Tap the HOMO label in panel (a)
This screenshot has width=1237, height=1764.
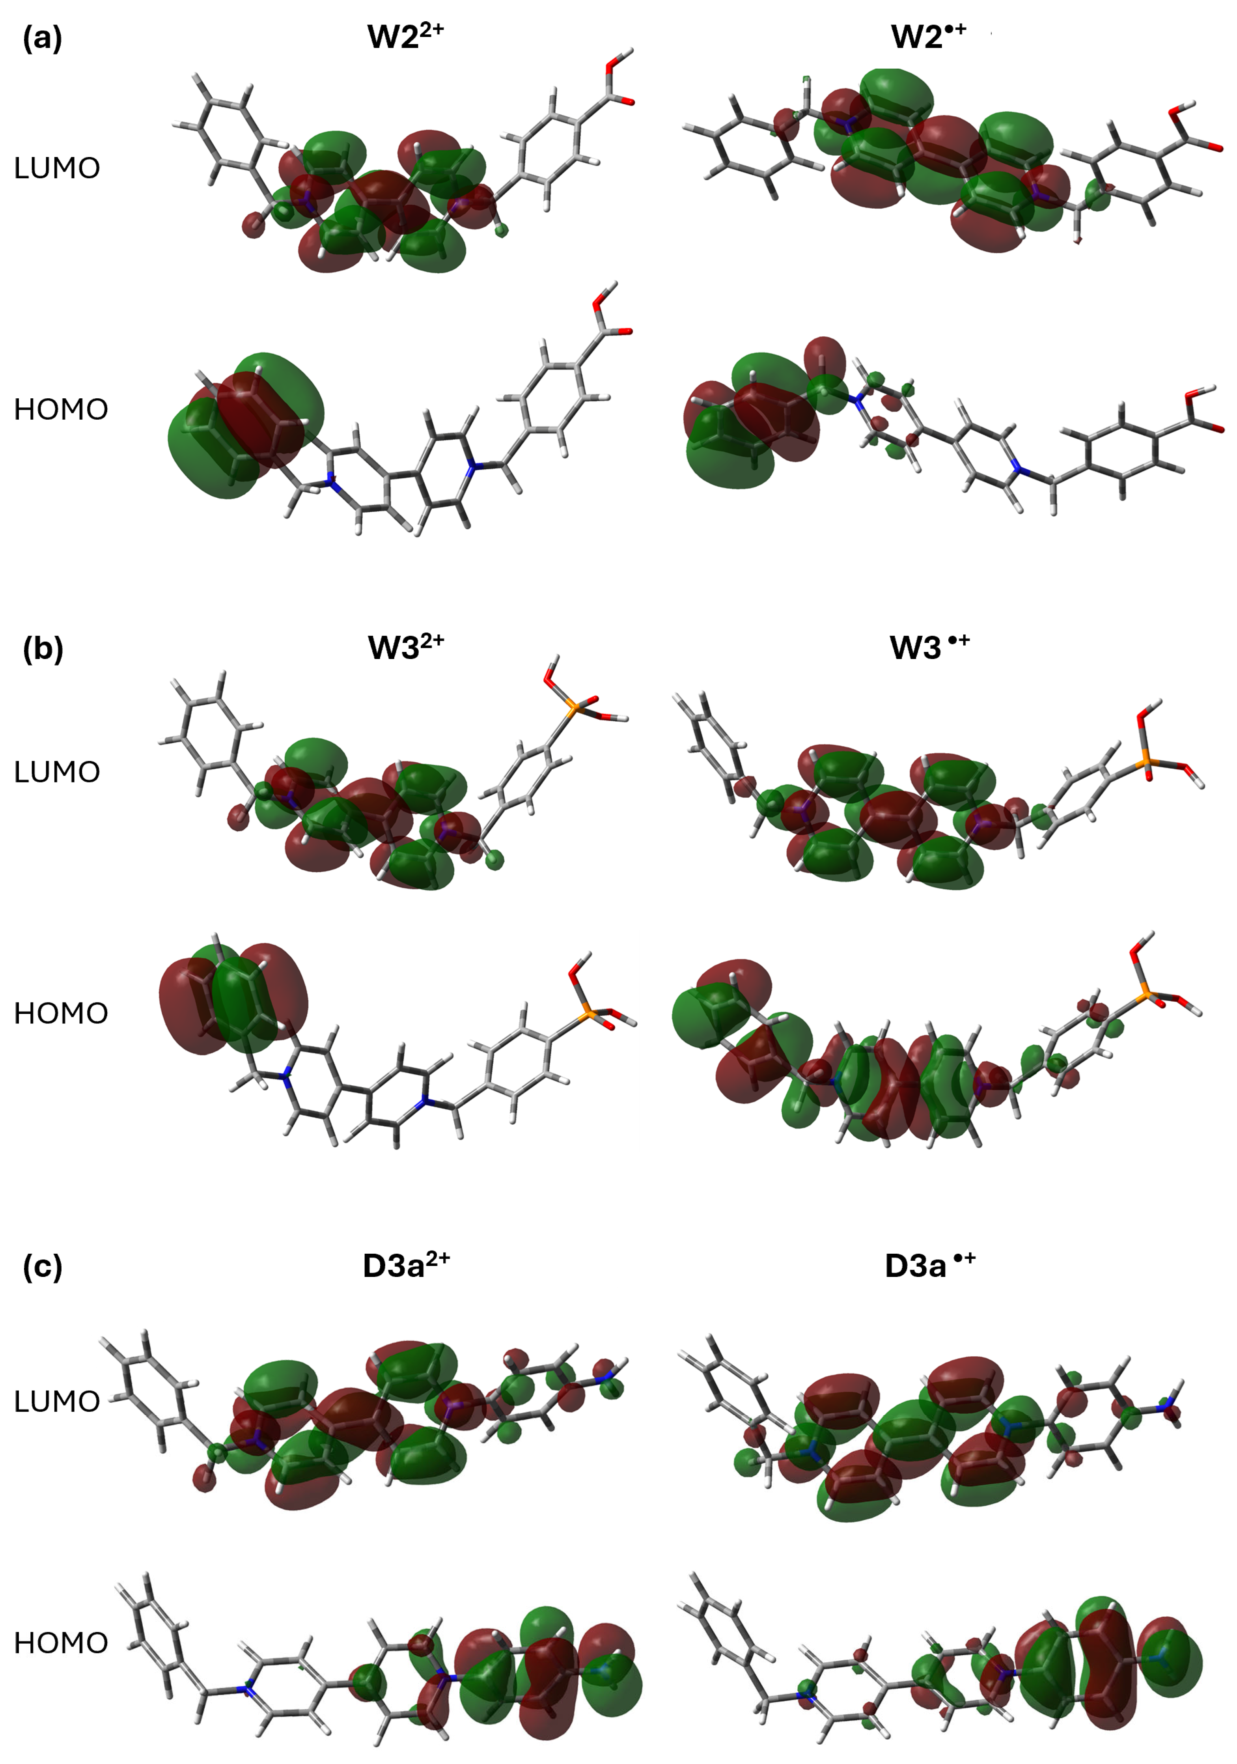click(x=61, y=409)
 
